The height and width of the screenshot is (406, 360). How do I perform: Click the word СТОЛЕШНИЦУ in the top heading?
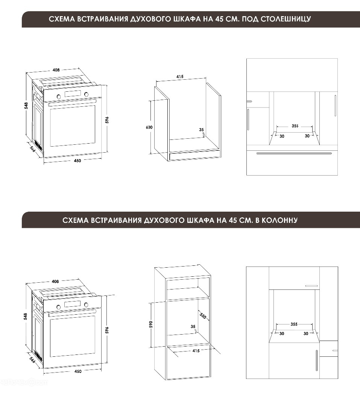(286, 19)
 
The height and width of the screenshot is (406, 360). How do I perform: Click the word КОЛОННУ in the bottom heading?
(279, 220)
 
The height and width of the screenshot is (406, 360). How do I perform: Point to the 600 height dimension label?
(149, 127)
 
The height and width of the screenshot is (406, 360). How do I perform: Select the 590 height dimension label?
(151, 324)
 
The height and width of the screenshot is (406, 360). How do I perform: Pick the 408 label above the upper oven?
(56, 70)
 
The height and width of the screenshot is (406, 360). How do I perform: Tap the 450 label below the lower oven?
(78, 371)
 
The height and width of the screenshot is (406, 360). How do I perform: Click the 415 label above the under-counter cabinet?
(180, 77)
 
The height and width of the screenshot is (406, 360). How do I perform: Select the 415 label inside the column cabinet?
(196, 351)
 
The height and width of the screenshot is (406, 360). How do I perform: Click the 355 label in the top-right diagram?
(295, 126)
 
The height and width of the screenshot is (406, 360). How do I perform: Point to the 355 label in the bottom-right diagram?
(294, 324)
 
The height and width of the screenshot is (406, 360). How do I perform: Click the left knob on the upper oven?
(59, 96)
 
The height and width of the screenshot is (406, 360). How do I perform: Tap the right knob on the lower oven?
(86, 304)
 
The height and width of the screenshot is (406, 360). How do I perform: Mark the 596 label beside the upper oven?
(107, 120)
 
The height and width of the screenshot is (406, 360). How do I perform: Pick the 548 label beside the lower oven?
(25, 317)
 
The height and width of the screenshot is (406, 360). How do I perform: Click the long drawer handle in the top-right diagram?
(294, 153)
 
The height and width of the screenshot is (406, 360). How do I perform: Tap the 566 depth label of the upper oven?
(32, 149)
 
